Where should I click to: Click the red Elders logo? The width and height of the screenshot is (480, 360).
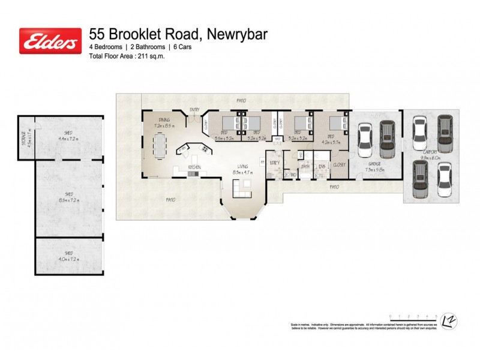point(50,41)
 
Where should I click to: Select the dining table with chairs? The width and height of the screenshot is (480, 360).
point(159,144)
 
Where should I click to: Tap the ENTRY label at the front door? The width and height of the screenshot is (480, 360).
point(194,110)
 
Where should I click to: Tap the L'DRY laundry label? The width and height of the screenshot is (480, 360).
point(275,163)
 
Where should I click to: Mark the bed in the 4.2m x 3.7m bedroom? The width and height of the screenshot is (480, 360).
point(340,127)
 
